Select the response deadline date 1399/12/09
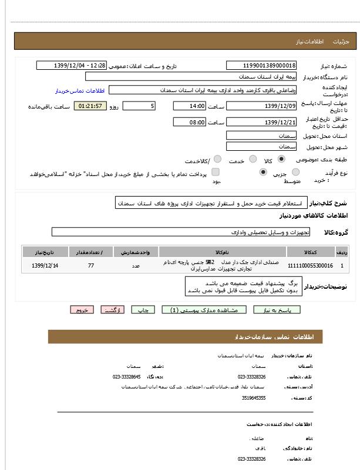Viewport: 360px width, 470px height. pos(261,106)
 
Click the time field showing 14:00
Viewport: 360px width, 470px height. pos(189,106)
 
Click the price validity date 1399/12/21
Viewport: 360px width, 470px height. pos(261,122)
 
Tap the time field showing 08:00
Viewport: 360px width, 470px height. pos(189,122)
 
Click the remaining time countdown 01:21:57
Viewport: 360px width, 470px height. pos(90,106)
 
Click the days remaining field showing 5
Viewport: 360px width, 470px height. pos(139,106)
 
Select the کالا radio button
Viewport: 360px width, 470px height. pos(281,159)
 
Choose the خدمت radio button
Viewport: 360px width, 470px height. pos(253,159)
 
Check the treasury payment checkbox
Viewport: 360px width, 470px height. pos(216,173)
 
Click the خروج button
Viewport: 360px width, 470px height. pos(81,310)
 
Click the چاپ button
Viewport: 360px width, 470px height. pos(143,310)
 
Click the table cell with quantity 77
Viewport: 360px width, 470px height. pos(90,266)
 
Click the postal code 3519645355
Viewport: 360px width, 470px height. pos(254,398)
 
